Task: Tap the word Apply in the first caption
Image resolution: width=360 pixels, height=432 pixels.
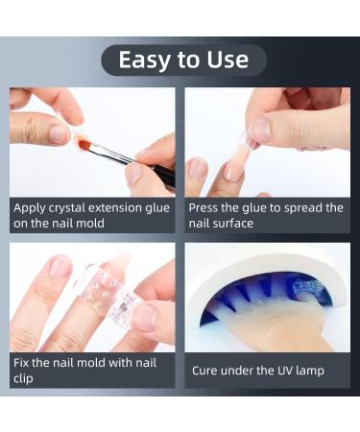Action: [32, 207]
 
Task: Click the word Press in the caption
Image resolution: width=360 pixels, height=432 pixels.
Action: [206, 207]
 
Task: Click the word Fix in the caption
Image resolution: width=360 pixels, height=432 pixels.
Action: [23, 363]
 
